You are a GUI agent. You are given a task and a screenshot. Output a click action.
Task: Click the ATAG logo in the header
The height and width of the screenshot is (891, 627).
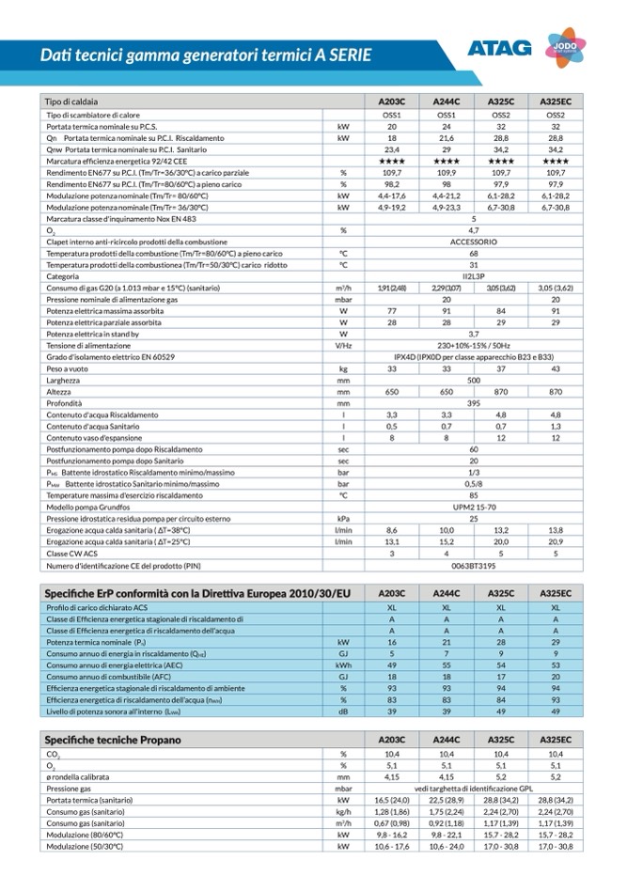tap(499, 47)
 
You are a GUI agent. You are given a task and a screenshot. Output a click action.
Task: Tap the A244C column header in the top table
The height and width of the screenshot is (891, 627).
tap(447, 102)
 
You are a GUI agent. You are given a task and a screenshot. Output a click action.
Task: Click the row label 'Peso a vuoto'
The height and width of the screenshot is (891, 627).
tap(72, 369)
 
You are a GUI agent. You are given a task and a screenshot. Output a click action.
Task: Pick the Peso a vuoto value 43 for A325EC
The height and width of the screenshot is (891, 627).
tap(556, 369)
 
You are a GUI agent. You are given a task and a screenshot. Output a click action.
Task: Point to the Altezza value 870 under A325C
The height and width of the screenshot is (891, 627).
tap(501, 392)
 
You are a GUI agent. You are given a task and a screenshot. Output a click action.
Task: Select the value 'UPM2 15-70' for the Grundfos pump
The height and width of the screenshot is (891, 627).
tap(474, 507)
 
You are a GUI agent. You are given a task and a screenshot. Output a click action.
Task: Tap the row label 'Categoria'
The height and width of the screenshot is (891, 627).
tap(63, 276)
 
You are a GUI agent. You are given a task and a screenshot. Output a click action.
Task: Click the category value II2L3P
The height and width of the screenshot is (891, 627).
tap(474, 276)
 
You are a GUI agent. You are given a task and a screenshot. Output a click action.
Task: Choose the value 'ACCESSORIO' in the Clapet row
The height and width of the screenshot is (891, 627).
tap(474, 242)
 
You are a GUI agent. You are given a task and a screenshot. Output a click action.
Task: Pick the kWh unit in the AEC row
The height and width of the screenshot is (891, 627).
tap(344, 665)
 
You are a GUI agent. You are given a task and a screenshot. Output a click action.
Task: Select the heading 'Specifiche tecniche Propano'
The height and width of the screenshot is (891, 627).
tap(113, 740)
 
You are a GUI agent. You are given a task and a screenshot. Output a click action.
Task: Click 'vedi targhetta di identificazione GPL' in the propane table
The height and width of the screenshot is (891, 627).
tap(474, 789)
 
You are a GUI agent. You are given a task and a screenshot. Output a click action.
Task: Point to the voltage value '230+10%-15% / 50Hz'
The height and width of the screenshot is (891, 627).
tap(474, 346)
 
